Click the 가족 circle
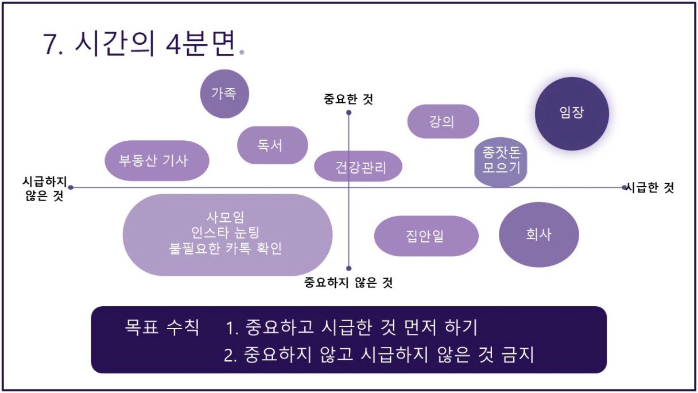224,94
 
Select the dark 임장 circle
572,114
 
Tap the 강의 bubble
443,121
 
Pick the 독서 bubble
273,145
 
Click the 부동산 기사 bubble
157,161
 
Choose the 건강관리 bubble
358,166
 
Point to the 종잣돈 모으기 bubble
501,162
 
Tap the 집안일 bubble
426,236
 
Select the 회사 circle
539,234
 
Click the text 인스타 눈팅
225,232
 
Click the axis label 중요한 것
348,99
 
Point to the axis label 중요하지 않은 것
348,283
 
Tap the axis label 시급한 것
650,187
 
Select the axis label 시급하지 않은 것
45,188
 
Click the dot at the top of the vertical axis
348,113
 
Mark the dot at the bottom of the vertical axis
348,268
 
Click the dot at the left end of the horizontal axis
71,187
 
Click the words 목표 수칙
162,327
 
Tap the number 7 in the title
50,44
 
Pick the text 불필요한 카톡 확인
225,248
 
